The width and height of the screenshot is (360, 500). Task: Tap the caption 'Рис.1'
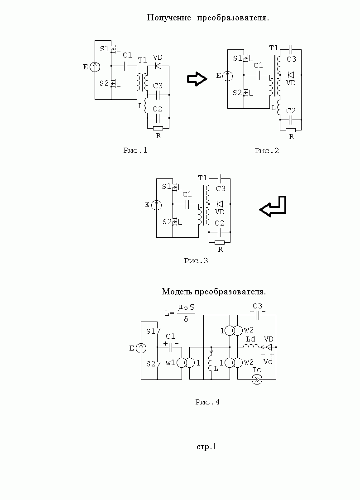click(x=135, y=150)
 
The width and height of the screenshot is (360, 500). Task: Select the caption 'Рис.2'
click(x=266, y=151)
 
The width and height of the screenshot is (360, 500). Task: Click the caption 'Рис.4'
click(x=207, y=402)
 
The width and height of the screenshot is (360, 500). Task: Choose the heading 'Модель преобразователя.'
click(x=213, y=291)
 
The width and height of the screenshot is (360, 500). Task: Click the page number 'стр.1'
click(x=206, y=447)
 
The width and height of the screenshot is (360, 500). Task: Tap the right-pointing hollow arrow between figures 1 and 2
click(x=197, y=79)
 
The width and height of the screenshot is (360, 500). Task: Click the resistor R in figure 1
click(x=158, y=128)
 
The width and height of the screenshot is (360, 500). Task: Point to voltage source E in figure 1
click(x=95, y=67)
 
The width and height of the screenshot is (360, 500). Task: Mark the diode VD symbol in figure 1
click(x=158, y=66)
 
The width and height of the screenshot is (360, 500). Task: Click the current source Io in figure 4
click(x=257, y=379)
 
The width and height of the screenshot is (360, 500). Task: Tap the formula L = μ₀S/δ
click(x=180, y=312)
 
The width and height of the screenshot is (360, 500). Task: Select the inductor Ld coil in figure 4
click(x=250, y=347)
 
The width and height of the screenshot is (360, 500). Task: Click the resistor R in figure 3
click(x=220, y=242)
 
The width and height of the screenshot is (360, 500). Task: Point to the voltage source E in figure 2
click(x=229, y=76)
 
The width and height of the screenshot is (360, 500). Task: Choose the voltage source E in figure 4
click(x=141, y=348)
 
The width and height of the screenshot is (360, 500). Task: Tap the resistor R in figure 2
click(x=291, y=130)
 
